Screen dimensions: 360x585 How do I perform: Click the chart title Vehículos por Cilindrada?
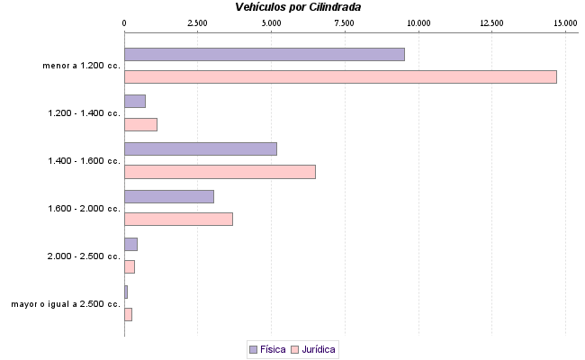coord(298,7)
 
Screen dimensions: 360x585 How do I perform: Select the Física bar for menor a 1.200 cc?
coord(264,54)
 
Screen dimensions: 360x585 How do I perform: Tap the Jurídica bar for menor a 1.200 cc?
coord(340,76)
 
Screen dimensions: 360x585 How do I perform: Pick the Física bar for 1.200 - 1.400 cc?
coord(134,101)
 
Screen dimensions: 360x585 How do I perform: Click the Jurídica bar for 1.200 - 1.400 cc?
coord(140,124)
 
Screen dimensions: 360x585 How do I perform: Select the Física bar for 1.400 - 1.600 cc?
coord(200,148)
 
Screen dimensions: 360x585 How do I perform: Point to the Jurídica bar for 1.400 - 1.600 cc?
coord(220,171)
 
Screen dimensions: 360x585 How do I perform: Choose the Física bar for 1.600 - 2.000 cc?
coord(168,196)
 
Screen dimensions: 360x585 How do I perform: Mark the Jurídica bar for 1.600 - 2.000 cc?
coord(178,219)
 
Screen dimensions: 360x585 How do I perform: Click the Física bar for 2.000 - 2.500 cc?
coord(130,244)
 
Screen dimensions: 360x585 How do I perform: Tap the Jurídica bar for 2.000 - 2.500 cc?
coord(129,266)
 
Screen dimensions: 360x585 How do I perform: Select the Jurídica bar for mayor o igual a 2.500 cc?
coord(128,314)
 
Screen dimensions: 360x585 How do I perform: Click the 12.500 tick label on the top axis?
coord(491,22)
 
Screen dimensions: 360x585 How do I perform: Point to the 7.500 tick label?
coord(345,22)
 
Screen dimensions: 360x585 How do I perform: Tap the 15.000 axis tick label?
coord(564,22)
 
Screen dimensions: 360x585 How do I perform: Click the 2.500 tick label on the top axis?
coord(197,22)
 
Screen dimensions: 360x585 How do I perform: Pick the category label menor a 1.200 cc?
coord(81,66)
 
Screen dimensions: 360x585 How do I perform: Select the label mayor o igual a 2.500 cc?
coord(66,304)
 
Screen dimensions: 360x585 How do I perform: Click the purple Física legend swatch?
coord(253,348)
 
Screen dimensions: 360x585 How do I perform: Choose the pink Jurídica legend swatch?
coord(294,348)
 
